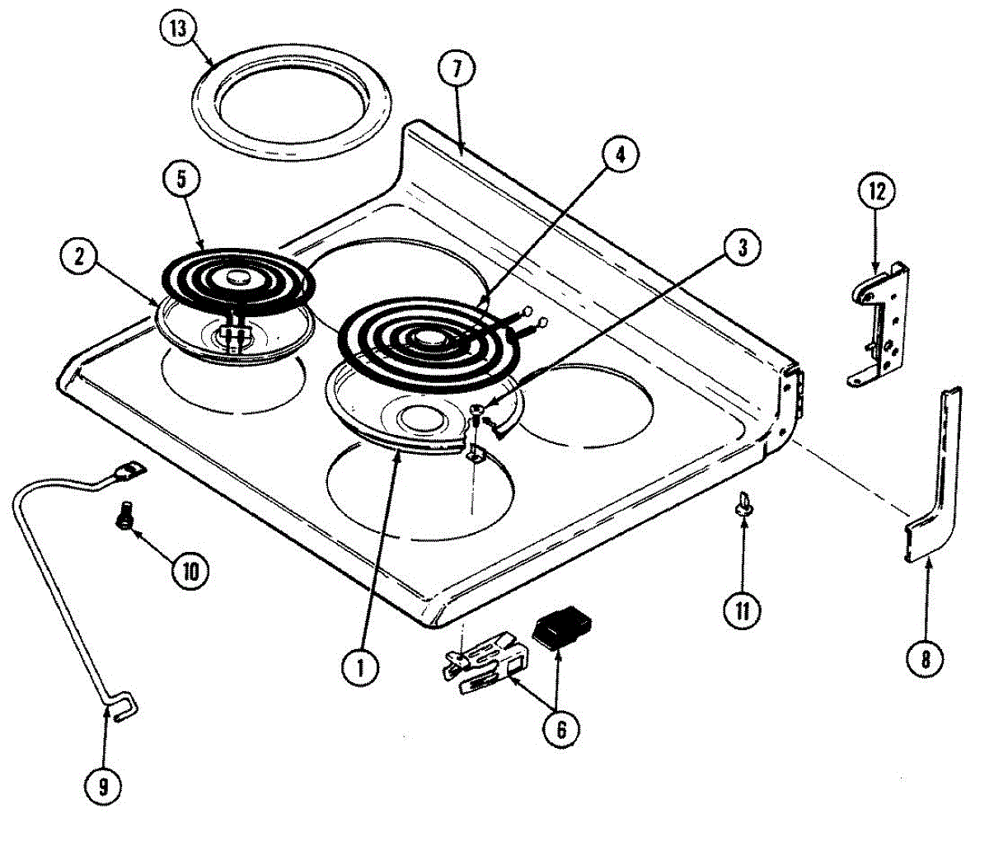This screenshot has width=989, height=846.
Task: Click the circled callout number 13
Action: [179, 29]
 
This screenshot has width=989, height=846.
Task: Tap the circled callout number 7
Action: [457, 68]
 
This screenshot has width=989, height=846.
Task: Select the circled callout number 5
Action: [181, 179]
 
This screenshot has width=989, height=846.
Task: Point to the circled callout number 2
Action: [79, 258]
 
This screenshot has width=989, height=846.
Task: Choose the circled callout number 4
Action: [620, 155]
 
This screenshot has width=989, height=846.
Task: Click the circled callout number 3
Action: [742, 247]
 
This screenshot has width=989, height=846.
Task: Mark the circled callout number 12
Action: [877, 192]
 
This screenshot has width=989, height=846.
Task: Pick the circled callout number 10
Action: [190, 571]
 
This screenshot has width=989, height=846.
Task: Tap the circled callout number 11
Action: [742, 610]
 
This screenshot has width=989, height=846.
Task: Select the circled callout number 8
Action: [926, 661]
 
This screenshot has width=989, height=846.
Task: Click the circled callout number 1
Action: [360, 667]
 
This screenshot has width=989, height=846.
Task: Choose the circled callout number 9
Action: [103, 787]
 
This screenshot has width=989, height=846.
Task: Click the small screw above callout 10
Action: [124, 515]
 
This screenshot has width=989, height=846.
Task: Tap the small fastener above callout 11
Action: [743, 503]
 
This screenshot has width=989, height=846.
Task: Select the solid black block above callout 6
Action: [563, 628]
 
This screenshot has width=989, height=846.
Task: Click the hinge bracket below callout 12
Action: [879, 325]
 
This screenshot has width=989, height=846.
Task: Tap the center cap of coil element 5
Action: [238, 277]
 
